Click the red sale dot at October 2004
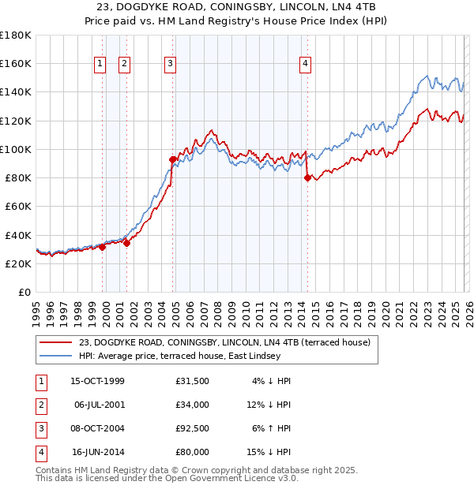click(172, 159)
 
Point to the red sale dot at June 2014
click(307, 177)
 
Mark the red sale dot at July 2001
click(126, 243)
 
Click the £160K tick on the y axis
click(16, 63)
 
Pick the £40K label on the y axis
click(18, 235)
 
